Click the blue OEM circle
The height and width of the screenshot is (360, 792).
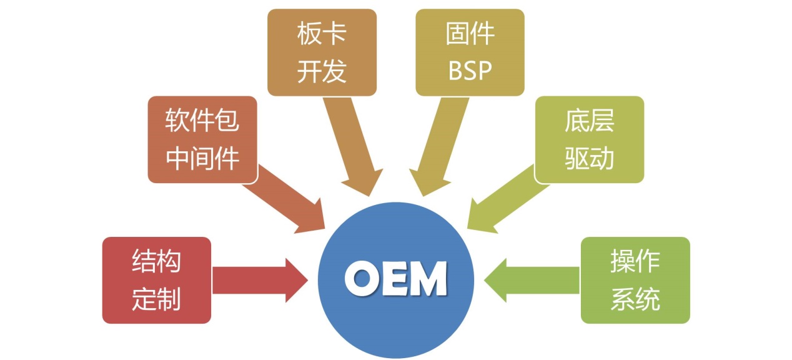[x=395, y=312]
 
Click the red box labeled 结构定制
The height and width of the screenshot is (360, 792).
[x=156, y=280]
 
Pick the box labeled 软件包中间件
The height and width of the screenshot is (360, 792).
[x=202, y=139]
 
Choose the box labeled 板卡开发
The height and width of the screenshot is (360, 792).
[x=322, y=52]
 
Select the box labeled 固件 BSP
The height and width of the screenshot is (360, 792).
[x=470, y=52]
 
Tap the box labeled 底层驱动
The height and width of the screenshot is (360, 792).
[x=589, y=139]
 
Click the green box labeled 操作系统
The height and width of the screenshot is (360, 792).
[x=635, y=280]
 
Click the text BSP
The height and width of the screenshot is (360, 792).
[x=470, y=71]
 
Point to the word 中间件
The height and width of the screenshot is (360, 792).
[x=202, y=159]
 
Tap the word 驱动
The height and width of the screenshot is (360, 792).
[x=589, y=159]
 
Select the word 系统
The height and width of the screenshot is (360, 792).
[x=635, y=299]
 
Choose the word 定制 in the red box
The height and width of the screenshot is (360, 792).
[x=156, y=299]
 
